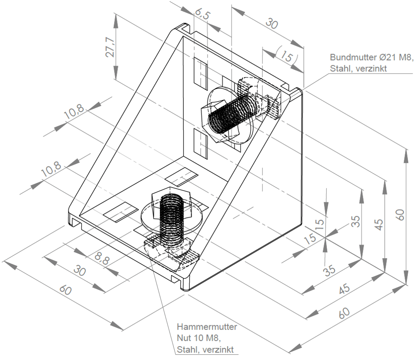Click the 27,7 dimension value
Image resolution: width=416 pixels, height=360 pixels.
[x=110, y=47]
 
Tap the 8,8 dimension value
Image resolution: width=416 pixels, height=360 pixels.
[x=102, y=258]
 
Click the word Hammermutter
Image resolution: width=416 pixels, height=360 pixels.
[x=207, y=327]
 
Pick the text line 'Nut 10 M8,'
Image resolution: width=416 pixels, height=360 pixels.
[x=199, y=338]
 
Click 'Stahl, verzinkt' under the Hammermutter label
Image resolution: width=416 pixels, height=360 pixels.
[x=205, y=350]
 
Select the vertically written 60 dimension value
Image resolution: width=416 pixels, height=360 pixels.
[x=400, y=214]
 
